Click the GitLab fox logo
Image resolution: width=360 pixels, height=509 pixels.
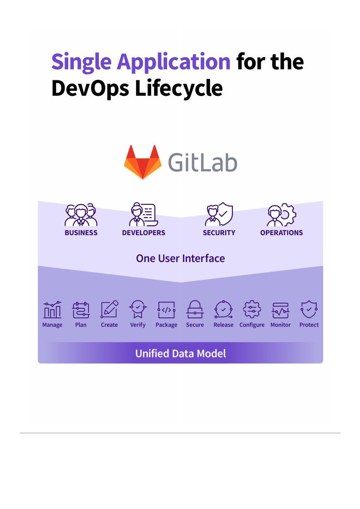click(x=143, y=162)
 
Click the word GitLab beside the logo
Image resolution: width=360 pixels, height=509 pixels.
click(x=203, y=162)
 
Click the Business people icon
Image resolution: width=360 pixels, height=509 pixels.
click(x=81, y=215)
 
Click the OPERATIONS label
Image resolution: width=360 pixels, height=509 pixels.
click(x=281, y=233)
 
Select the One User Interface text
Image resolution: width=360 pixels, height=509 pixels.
click(x=180, y=258)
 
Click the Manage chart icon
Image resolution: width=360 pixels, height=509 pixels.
click(x=52, y=310)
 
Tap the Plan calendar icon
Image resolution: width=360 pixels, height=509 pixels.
click(x=81, y=310)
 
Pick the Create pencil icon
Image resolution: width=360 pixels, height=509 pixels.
click(x=109, y=310)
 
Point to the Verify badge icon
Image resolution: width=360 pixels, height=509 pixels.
click(x=138, y=310)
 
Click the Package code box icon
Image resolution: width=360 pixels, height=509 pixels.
click(x=167, y=310)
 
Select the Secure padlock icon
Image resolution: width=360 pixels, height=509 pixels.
click(x=195, y=310)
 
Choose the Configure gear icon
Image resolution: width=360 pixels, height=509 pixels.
click(x=252, y=310)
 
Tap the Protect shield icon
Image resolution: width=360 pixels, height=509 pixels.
click(x=309, y=310)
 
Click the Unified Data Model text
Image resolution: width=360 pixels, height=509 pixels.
click(x=180, y=353)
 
